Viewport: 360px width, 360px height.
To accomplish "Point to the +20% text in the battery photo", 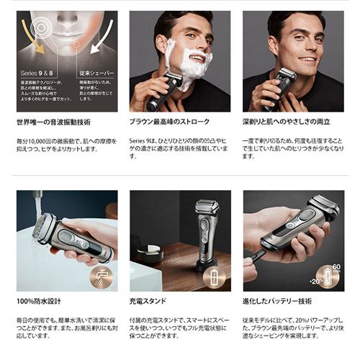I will [x=315, y=281].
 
